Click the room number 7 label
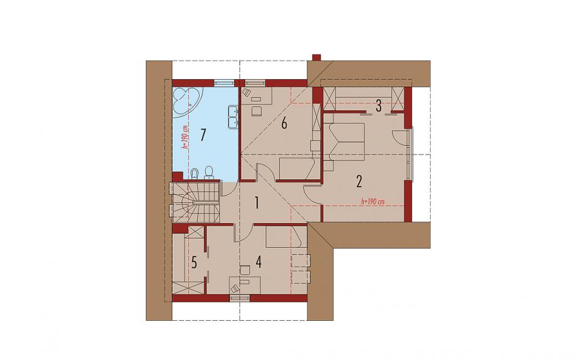(x=202, y=136)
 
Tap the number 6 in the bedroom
(x=284, y=124)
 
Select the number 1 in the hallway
(x=257, y=202)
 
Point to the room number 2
(x=359, y=182)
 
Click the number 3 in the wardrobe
(x=378, y=107)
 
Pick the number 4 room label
(x=259, y=262)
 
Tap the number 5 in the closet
(x=194, y=263)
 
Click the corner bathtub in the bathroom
(x=186, y=101)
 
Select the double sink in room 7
(x=233, y=117)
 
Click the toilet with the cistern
(x=209, y=173)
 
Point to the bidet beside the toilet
(x=195, y=174)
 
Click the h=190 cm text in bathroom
(x=185, y=137)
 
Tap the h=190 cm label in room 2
(x=373, y=202)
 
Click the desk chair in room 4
(x=245, y=270)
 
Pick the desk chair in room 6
(x=256, y=110)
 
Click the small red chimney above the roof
(x=316, y=58)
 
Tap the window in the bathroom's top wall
(x=223, y=83)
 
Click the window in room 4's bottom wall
(x=240, y=298)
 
